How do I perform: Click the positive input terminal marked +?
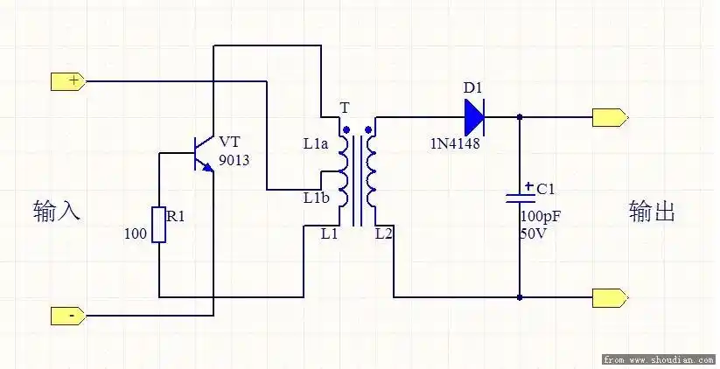tap(68, 82)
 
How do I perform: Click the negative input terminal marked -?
tap(68, 315)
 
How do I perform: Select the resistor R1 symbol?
tap(159, 224)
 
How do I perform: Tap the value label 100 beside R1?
tap(136, 234)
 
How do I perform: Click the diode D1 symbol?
tap(473, 116)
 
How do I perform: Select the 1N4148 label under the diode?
tap(454, 143)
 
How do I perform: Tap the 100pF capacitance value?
tap(541, 216)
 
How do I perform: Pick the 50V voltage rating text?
tap(534, 233)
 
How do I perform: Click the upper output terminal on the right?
tap(610, 117)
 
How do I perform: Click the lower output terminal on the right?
tap(610, 297)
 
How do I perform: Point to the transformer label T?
tap(344, 108)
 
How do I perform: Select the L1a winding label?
tap(314, 143)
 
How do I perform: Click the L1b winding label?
tap(316, 198)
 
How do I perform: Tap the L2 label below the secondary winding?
tap(383, 234)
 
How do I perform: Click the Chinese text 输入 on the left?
tap(57, 211)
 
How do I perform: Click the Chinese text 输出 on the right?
tap(652, 211)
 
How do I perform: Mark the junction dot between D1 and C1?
tap(521, 117)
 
